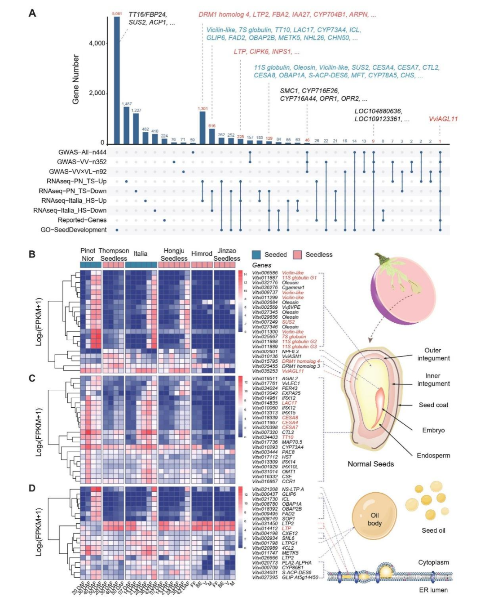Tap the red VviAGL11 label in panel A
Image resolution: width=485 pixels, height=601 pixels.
coord(443,119)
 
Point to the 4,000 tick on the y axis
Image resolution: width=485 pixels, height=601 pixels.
coord(97,44)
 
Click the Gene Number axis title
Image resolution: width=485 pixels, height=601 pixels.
coord(76,80)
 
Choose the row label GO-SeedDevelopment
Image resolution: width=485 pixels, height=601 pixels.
coord(74,230)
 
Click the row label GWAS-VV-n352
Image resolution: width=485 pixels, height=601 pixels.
coord(82,162)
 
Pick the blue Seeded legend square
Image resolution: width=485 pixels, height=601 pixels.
coord(256,255)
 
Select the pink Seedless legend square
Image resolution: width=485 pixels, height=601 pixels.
coord(298,255)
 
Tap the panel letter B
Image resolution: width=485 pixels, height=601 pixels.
coord(32,254)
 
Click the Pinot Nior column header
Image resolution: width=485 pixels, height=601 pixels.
coord(88,254)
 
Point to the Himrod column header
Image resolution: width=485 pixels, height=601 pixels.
coord(202,254)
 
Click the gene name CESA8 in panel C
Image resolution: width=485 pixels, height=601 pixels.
coord(290,418)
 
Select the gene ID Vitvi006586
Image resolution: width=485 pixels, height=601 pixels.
coord(265,273)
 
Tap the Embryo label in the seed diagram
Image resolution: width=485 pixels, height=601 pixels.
coord(433,430)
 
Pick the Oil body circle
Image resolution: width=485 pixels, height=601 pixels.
coord(375,519)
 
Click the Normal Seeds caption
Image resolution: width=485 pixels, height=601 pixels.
coord(370,464)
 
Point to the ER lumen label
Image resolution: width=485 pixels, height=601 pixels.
coord(433,590)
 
